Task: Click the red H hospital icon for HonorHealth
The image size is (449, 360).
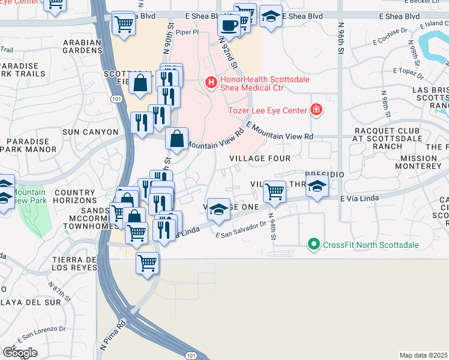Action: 211,82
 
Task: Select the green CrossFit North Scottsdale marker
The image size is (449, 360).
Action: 313,244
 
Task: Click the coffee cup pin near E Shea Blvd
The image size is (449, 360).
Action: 229,25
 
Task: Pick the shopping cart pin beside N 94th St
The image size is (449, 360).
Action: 274,192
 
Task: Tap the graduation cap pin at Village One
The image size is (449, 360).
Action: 219,209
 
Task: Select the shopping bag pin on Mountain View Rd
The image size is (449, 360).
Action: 176,139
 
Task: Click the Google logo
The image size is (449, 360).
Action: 20,352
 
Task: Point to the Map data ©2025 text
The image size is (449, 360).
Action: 424,355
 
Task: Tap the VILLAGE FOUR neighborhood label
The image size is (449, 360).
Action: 261,158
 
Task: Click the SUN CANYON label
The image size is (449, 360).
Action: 91,131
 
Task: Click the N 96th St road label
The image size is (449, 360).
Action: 340,39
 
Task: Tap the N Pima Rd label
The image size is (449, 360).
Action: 113,337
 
